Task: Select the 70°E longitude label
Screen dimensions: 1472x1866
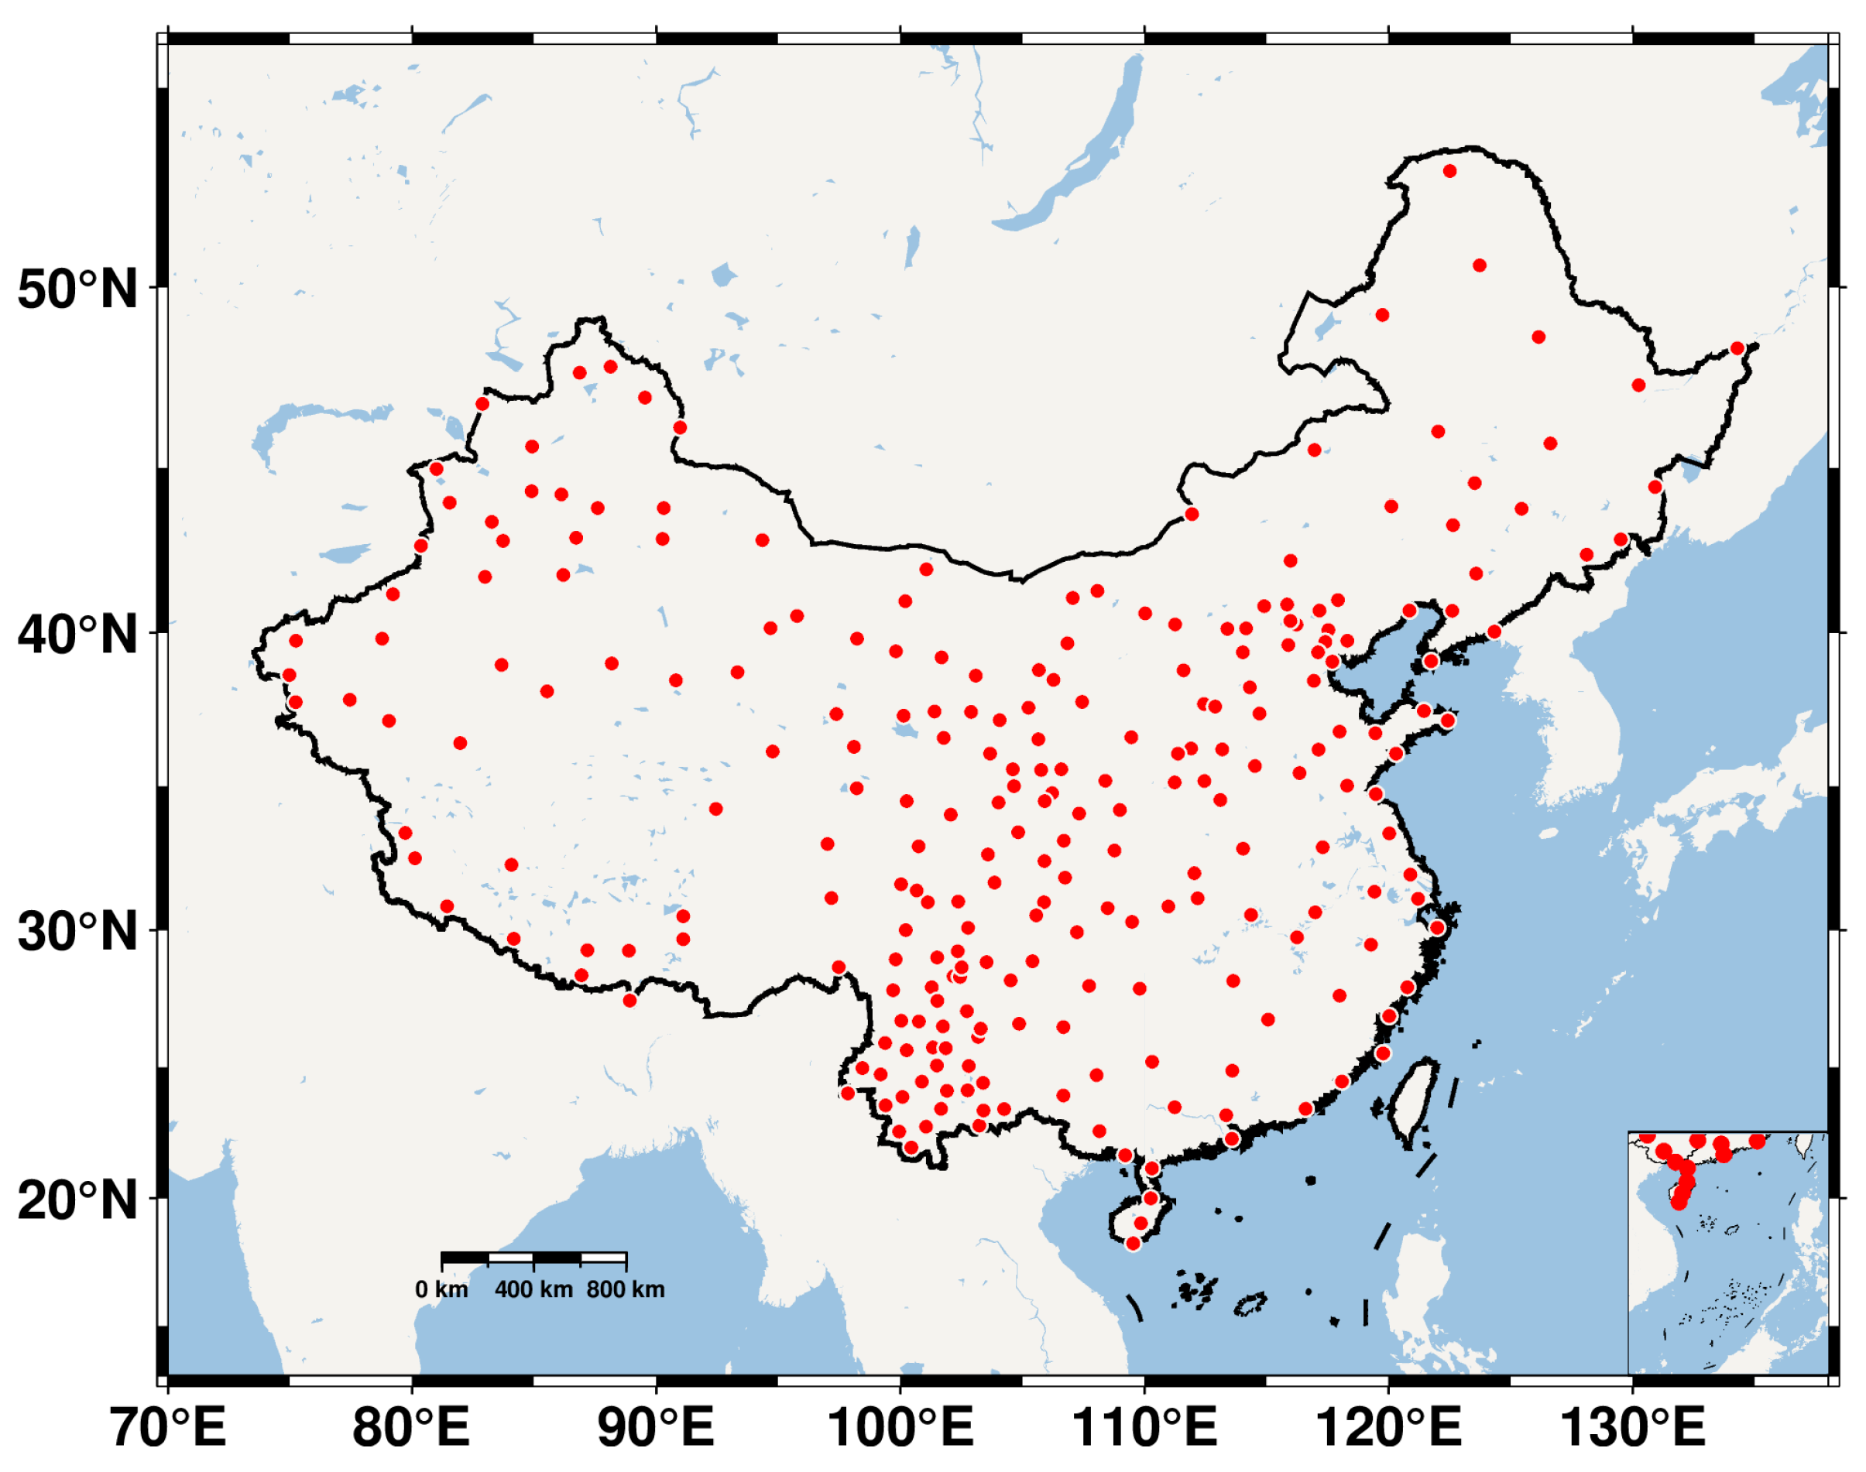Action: [169, 1426]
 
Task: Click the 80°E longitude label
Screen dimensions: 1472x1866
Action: [411, 1426]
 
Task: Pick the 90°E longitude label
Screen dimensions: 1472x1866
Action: [657, 1426]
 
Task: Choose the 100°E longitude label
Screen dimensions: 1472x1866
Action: [900, 1426]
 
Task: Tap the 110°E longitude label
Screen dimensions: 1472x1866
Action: [1144, 1426]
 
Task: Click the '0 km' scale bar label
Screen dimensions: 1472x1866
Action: [441, 1290]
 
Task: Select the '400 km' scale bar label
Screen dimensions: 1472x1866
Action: [533, 1290]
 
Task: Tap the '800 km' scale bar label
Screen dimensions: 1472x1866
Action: [626, 1290]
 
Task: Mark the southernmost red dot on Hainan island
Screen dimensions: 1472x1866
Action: [1133, 1244]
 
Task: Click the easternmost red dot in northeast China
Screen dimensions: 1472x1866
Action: [1737, 348]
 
